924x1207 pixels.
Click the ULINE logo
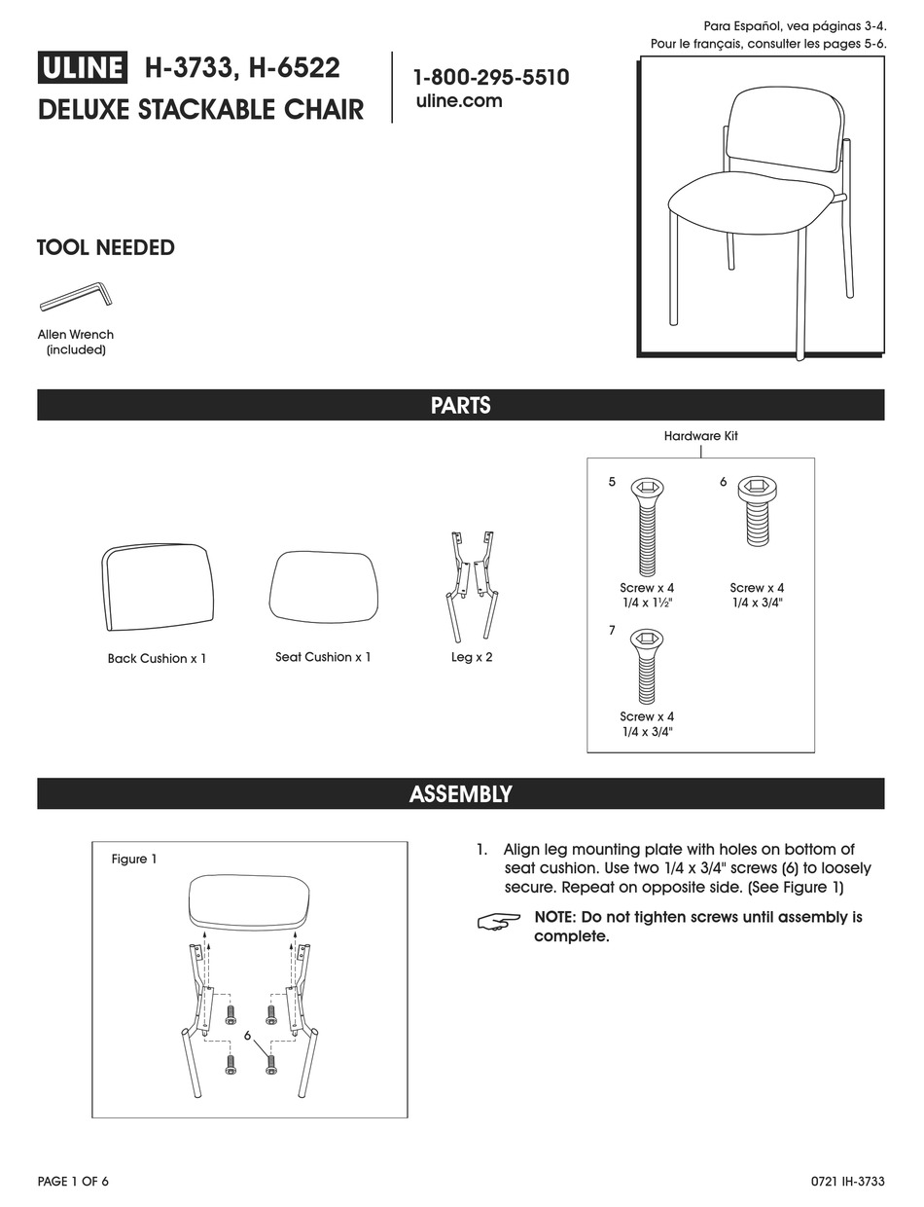pos(83,68)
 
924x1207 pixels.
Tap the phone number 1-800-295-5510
pos(491,78)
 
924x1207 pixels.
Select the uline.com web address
pos(458,101)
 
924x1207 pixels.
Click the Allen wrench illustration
pos(76,295)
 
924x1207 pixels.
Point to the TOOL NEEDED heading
pos(105,247)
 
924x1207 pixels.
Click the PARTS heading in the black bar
pos(460,406)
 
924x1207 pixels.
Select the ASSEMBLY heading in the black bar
pos(460,794)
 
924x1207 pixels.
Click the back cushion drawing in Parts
pos(157,587)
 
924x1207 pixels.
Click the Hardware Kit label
pos(700,436)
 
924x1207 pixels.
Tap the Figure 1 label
pos(134,859)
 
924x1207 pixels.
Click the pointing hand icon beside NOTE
pos(500,921)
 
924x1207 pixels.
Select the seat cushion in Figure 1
pos(250,900)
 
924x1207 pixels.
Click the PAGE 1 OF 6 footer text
pos(73,1182)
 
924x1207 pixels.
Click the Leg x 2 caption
pos(472,657)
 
